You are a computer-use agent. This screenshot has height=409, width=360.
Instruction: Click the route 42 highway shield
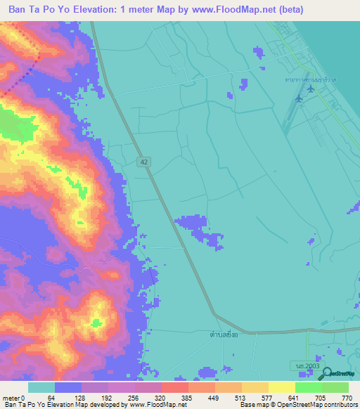click(x=143, y=162)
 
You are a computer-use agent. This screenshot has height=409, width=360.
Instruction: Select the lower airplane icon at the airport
click(x=310, y=108)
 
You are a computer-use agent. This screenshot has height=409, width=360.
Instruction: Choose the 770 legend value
click(x=347, y=398)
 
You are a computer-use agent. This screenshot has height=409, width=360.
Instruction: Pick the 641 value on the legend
click(x=296, y=398)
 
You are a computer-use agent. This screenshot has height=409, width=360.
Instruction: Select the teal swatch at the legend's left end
click(x=41, y=387)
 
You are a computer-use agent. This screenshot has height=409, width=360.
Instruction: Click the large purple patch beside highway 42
click(x=198, y=228)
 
